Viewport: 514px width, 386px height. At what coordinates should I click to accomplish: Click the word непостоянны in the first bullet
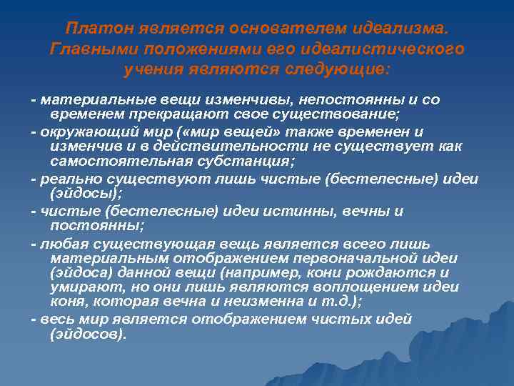point(336,100)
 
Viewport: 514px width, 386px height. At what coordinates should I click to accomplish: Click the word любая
point(59,244)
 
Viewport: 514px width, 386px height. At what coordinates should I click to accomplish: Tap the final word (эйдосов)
point(88,334)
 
